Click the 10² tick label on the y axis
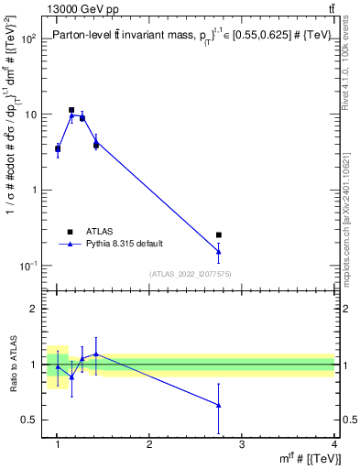tap(28, 39)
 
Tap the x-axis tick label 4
tap(334, 444)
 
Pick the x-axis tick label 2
tap(149, 444)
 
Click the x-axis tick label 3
tap(242, 444)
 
